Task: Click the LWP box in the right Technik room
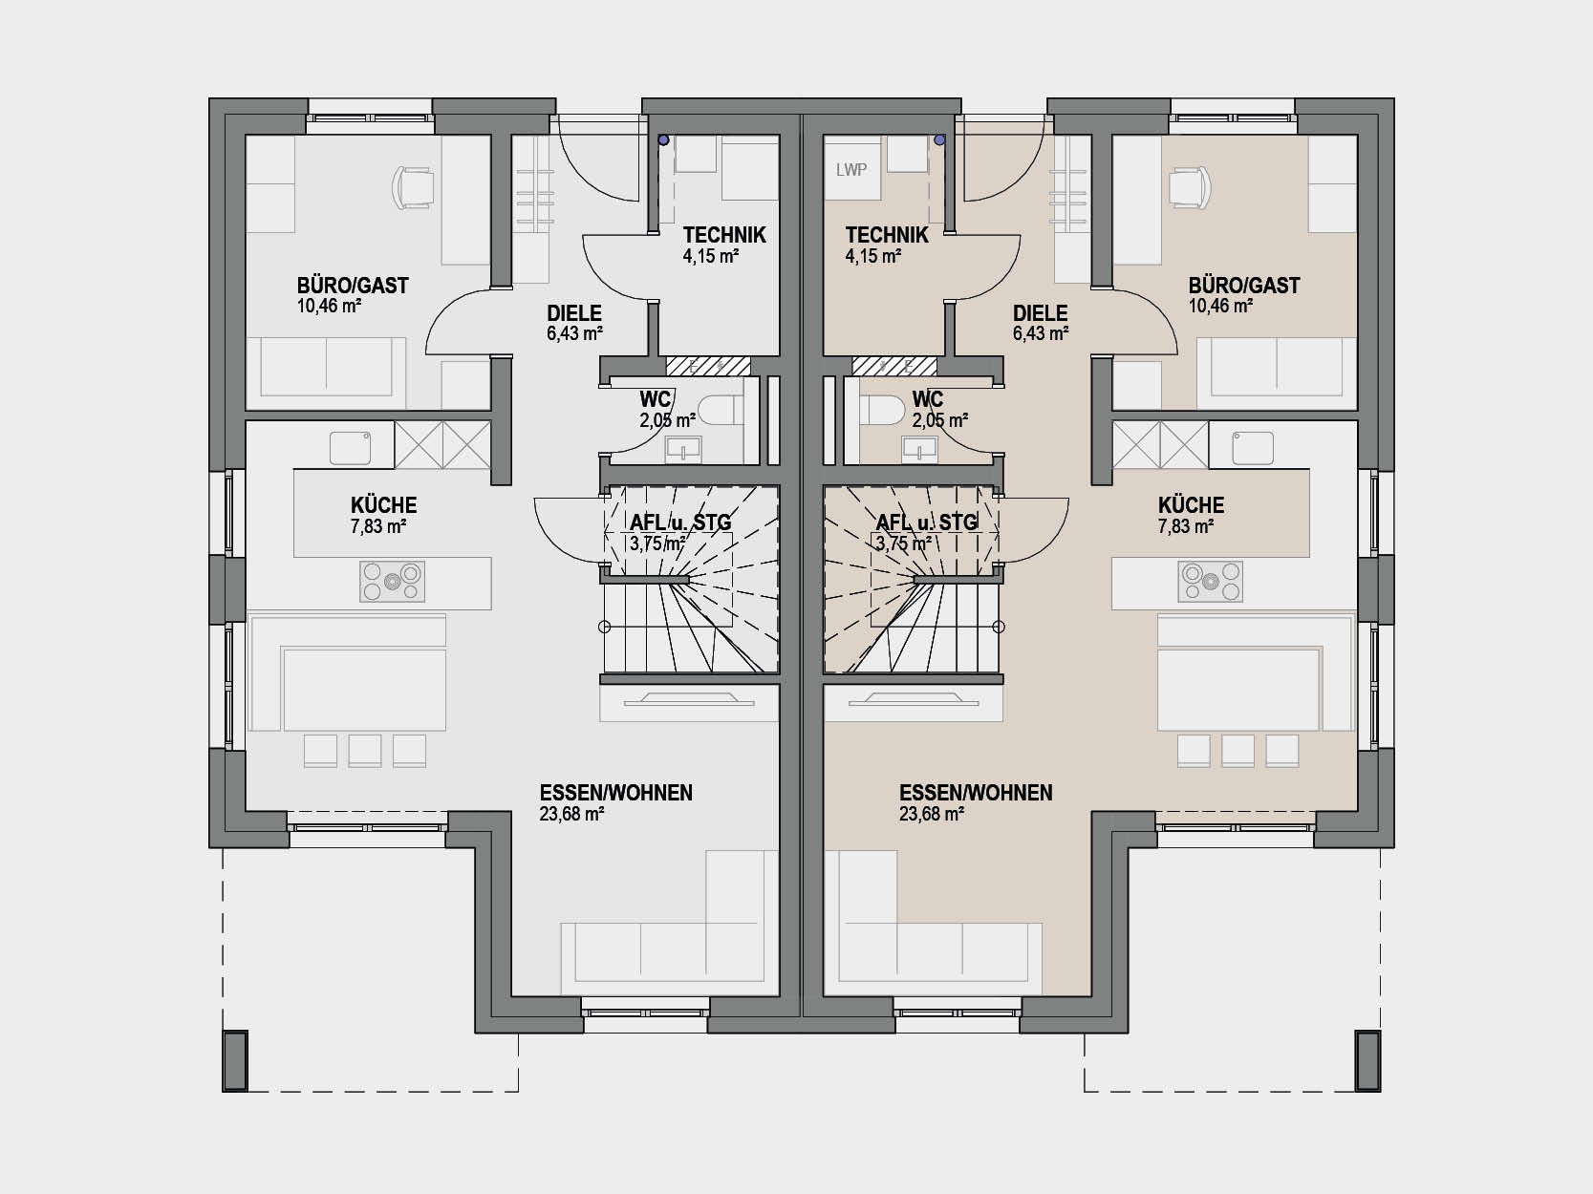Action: coord(851,170)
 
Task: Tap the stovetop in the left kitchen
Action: coord(392,581)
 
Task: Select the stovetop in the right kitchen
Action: coord(1210,581)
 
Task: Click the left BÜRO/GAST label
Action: coord(353,285)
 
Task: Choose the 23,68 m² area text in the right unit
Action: coord(932,814)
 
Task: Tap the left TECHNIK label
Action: coord(724,235)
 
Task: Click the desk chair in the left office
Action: coord(412,187)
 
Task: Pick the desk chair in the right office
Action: coord(1191,187)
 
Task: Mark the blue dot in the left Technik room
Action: coord(663,140)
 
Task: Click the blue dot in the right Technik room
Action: coord(939,140)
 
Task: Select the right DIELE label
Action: coord(1040,313)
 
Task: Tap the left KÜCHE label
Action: coord(384,505)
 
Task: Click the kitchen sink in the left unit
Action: coord(351,448)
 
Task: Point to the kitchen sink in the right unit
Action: coord(1252,448)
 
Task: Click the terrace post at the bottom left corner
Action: coord(235,1060)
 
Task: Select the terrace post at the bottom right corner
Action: coord(1368,1060)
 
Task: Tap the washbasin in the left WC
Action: coord(683,449)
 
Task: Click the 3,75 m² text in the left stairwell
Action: coord(657,544)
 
